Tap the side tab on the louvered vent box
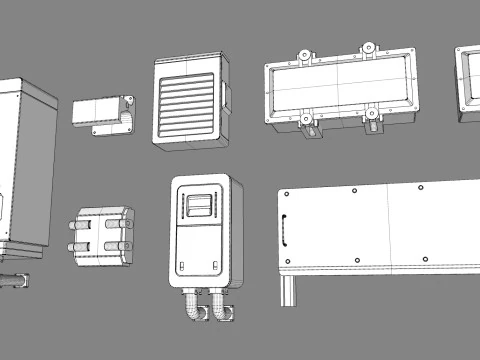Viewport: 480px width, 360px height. pos(228,97)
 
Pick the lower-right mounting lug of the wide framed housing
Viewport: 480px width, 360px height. pos(375,119)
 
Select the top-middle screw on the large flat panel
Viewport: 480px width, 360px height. pos(356,192)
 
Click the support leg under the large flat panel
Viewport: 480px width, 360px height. pos(287,290)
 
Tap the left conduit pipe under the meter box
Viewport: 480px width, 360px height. pos(192,309)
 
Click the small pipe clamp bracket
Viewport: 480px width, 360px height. pos(104,112)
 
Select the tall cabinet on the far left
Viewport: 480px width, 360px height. pos(23,165)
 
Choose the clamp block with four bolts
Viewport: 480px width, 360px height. pos(102,237)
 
